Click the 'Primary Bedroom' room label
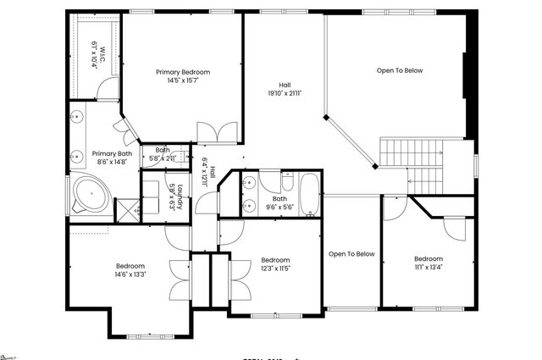pos(182,72)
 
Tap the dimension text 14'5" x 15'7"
pos(182,81)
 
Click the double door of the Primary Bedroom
pos(218,132)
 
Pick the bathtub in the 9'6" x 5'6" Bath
pos(310,194)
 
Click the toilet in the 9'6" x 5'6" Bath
pos(287,182)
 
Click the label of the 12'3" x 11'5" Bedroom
pos(275,260)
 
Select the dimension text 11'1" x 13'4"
pos(429,268)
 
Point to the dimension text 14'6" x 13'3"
pos(130,274)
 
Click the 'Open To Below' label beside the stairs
pos(400,70)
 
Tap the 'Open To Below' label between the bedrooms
pos(351,253)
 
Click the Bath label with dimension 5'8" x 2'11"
pos(162,150)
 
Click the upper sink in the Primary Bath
pos(76,118)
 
